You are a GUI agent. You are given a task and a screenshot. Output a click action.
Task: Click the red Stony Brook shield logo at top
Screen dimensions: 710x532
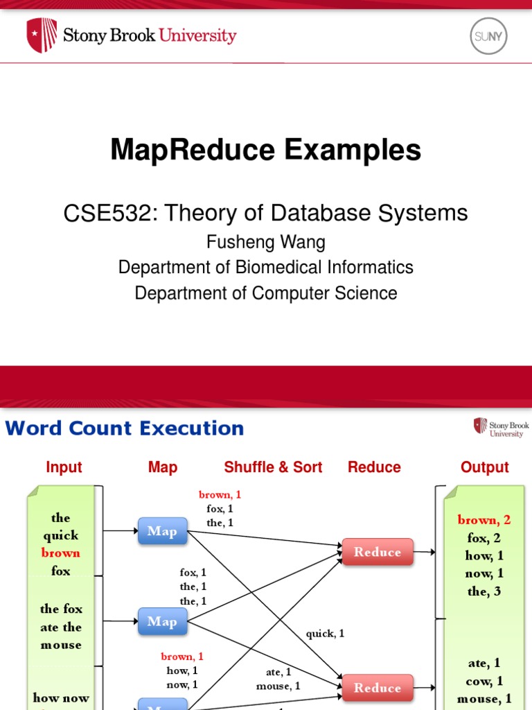click(42, 35)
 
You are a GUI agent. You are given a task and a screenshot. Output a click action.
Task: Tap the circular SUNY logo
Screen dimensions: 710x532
click(488, 36)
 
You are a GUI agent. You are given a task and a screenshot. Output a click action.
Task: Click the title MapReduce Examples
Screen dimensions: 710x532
click(265, 150)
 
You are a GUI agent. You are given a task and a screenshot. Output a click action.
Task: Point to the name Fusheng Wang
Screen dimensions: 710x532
click(265, 242)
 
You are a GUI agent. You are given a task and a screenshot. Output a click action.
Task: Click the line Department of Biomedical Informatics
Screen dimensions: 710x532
click(265, 267)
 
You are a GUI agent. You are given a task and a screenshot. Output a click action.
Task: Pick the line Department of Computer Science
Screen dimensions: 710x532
click(265, 293)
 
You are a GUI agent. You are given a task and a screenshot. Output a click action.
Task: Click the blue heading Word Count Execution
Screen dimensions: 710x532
click(125, 428)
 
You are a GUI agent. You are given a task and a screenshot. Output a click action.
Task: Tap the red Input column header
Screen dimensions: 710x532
click(64, 467)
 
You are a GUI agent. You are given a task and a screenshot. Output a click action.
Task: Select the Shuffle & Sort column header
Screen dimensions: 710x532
click(273, 467)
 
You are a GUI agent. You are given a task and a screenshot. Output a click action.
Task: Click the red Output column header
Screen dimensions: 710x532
click(485, 467)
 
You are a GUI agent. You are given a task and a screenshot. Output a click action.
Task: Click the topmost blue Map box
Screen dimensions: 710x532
click(162, 532)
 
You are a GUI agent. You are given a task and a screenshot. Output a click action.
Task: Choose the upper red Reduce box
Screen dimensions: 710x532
click(378, 552)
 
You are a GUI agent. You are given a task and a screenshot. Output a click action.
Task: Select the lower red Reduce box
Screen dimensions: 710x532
click(378, 688)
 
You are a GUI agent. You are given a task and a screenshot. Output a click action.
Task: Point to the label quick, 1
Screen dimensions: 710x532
click(325, 633)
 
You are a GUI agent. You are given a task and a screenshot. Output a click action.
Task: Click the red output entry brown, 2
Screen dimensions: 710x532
click(484, 520)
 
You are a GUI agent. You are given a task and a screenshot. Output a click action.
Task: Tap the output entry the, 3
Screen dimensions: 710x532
click(484, 591)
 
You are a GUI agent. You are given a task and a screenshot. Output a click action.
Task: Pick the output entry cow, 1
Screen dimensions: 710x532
click(484, 681)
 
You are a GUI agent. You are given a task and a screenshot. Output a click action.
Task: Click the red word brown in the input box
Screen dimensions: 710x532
click(61, 553)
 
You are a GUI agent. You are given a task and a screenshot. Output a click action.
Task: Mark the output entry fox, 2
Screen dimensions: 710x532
click(484, 538)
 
